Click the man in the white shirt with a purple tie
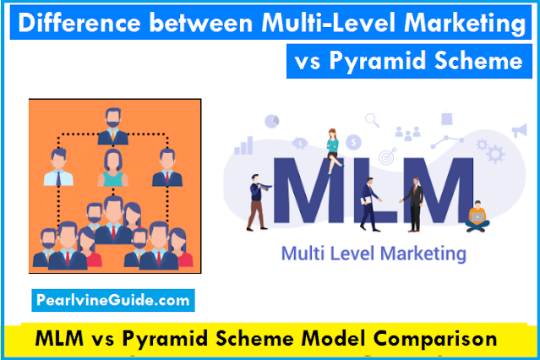click(57, 167)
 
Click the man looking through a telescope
click(256, 196)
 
